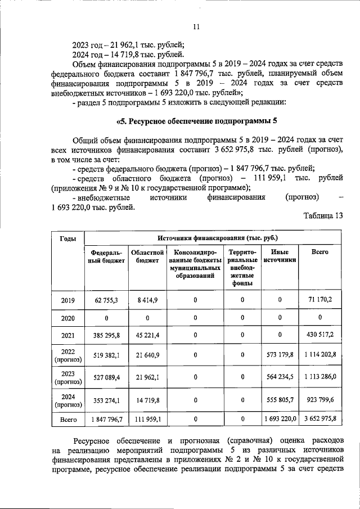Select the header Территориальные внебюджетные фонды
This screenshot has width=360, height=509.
click(242, 268)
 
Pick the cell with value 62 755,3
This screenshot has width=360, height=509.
click(106, 300)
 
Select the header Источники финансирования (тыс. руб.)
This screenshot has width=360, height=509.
click(213, 239)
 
